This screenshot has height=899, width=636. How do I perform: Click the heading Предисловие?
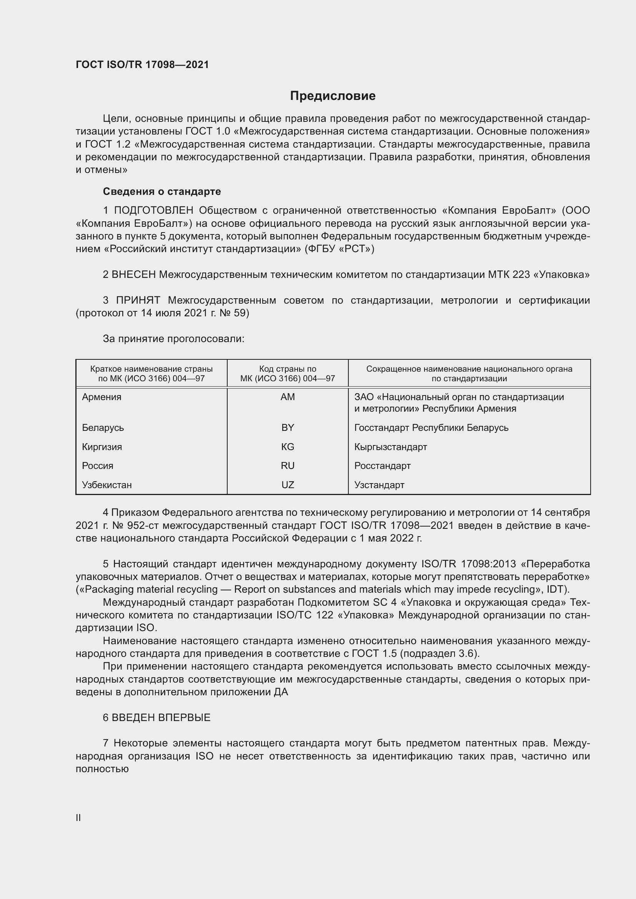[333, 96]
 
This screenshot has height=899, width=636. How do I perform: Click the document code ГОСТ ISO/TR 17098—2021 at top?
[142, 65]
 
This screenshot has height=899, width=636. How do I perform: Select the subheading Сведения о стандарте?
[162, 191]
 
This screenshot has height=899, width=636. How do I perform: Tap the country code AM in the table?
[288, 397]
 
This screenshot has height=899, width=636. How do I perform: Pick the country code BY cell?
[288, 427]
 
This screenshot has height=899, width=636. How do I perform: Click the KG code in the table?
[288, 447]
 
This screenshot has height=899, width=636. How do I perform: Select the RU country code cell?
[288, 465]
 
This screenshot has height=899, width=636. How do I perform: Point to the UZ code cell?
[288, 485]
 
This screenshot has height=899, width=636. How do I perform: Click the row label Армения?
[102, 397]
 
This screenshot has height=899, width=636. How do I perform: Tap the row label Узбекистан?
[107, 485]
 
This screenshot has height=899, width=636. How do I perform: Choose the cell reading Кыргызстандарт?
[390, 447]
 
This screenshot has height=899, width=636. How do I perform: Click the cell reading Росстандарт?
[382, 465]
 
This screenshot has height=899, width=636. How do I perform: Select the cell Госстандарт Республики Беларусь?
[431, 427]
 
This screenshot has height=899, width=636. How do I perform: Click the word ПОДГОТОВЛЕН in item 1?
[153, 211]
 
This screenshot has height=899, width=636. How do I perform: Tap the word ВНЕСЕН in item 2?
[133, 275]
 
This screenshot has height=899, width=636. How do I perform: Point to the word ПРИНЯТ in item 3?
[138, 300]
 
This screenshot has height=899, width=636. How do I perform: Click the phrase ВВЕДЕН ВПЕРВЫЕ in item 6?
[161, 717]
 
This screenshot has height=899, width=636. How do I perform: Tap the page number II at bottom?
[78, 818]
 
